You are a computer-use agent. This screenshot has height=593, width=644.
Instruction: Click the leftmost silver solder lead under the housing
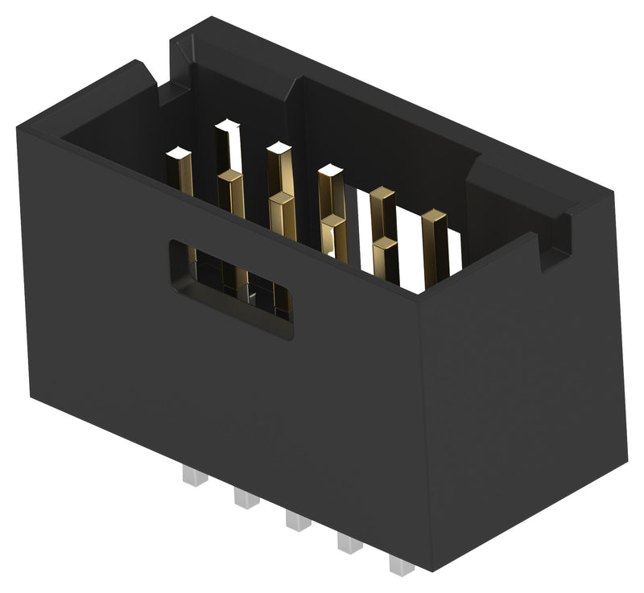pyautogui.click(x=195, y=477)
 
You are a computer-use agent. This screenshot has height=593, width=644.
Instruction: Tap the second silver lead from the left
pyautogui.click(x=246, y=498)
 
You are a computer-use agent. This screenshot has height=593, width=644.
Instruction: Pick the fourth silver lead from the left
pyautogui.click(x=349, y=543)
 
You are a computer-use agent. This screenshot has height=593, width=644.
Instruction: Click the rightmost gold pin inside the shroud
pyautogui.click(x=435, y=217)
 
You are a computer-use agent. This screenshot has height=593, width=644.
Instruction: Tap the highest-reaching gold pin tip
pyautogui.click(x=228, y=125)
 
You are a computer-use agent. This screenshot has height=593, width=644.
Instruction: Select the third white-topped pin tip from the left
pyautogui.click(x=279, y=147)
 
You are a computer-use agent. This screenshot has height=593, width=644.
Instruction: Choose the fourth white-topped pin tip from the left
pyautogui.click(x=330, y=169)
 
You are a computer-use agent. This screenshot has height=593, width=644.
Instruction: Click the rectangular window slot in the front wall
pyautogui.click(x=230, y=286)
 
